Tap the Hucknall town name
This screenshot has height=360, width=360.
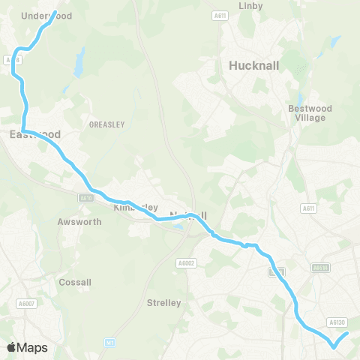(253, 65)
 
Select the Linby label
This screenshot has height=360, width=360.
(249, 6)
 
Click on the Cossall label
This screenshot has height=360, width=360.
(75, 283)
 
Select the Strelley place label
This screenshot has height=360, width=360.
(164, 303)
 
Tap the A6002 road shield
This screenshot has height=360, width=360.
(186, 262)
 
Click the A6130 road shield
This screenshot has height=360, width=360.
(336, 322)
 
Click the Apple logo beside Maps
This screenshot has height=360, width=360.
(11, 347)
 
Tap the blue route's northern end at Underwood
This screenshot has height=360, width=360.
(55, 12)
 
